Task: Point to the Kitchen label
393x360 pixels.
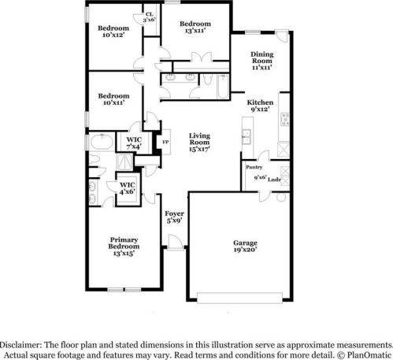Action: pyautogui.click(x=260, y=103)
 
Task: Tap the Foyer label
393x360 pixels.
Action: pyautogui.click(x=174, y=213)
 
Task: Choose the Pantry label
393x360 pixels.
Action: pyautogui.click(x=254, y=167)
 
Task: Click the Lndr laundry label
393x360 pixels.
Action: pyautogui.click(x=274, y=180)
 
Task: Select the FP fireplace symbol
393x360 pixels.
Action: pyautogui.click(x=165, y=142)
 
